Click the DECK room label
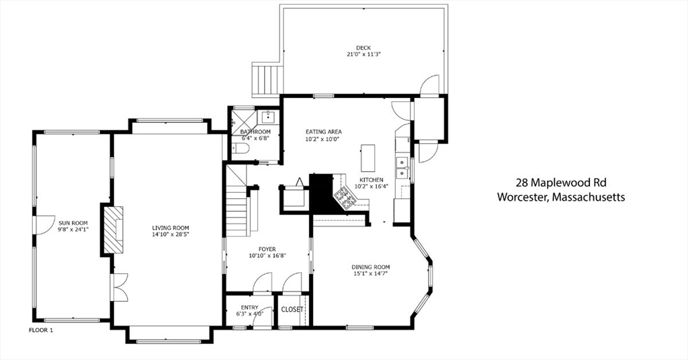363,48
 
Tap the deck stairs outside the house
266,79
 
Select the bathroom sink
267,117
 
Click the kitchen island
368,159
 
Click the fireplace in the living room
113,229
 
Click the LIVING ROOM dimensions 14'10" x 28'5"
171,234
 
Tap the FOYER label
267,249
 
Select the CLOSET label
292,309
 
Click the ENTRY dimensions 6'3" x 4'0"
249,314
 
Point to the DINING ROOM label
371,267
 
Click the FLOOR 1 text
41,330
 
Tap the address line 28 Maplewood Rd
561,183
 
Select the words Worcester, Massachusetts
561,197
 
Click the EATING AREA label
323,132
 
